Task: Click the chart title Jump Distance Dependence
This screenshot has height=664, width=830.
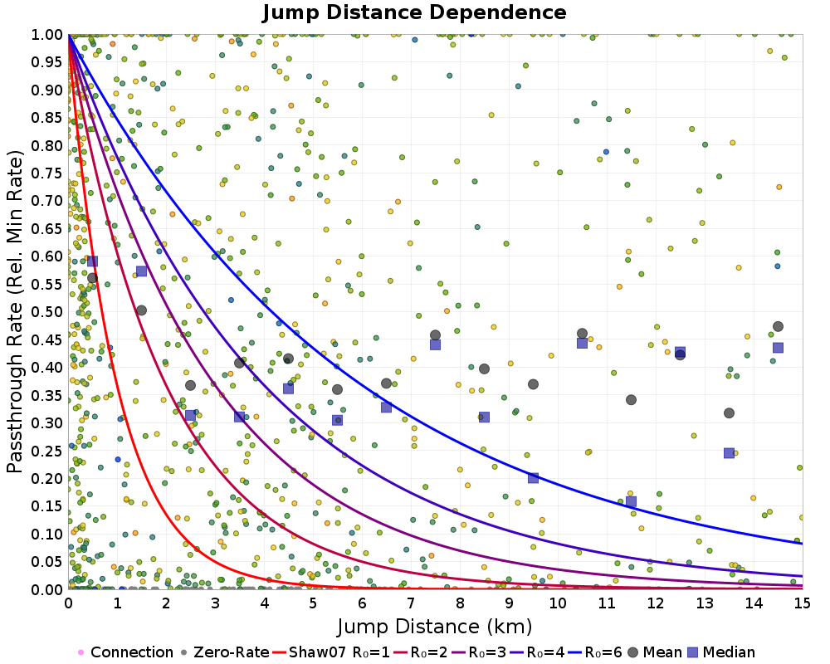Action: point(414,12)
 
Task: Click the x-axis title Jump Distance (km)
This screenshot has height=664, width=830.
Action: point(435,625)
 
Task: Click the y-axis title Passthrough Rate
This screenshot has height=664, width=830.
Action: point(16,311)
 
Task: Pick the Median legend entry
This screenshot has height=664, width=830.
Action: point(727,652)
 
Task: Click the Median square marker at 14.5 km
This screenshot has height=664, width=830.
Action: point(778,348)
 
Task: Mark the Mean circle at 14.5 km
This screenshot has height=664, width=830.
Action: point(778,327)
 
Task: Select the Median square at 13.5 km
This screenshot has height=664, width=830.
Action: point(729,453)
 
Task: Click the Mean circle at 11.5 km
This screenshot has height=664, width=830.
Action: point(631,400)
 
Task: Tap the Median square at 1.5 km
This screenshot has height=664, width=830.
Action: point(141,271)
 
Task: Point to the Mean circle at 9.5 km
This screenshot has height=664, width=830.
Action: point(533,384)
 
